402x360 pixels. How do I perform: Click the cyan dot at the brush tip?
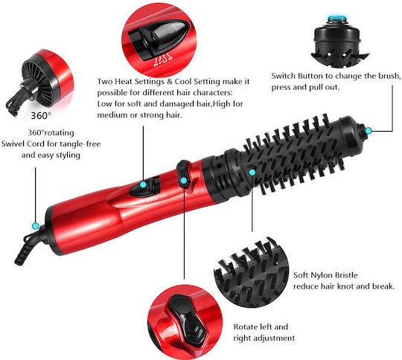tap(368, 131)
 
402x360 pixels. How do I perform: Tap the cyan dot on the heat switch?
tap(144, 184)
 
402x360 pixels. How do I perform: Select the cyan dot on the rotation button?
tap(184, 181)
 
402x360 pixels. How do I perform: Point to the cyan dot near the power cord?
tap(36, 226)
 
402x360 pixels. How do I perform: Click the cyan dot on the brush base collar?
tap(252, 172)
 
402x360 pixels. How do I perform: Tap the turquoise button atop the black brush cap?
tap(337, 19)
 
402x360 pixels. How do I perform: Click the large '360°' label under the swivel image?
tap(41, 116)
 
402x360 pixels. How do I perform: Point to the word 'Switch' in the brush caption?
tap(284, 76)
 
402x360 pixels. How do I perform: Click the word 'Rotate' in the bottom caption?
tap(246, 327)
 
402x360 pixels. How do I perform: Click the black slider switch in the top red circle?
tap(159, 39)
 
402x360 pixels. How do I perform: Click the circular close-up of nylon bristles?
tap(252, 272)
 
